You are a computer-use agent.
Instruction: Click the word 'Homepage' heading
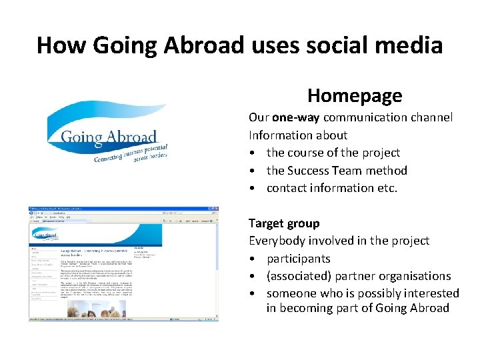pyautogui.click(x=355, y=95)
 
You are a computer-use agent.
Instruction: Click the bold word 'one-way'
pyautogui.click(x=293, y=117)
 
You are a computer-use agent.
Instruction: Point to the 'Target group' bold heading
pyautogui.click(x=284, y=223)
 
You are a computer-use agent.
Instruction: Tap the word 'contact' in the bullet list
pyautogui.click(x=287, y=188)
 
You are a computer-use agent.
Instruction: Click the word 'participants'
pyautogui.click(x=299, y=259)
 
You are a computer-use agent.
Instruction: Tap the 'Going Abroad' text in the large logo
pyautogui.click(x=108, y=138)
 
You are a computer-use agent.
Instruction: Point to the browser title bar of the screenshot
pyautogui.click(x=120, y=209)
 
